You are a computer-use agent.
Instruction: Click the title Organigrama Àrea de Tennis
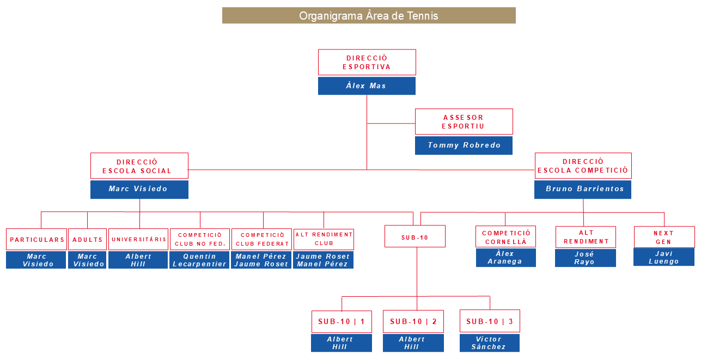[x=369, y=16]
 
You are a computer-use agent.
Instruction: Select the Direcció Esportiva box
[x=367, y=62]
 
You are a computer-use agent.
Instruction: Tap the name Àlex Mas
[x=367, y=86]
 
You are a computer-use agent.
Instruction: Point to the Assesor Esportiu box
[x=464, y=121]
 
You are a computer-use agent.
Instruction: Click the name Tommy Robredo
[x=464, y=145]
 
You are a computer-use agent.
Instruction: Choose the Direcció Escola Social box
[x=139, y=166]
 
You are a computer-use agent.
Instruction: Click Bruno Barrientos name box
[x=583, y=190]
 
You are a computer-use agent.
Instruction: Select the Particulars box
[x=36, y=240]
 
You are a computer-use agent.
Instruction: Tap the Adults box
[x=87, y=240]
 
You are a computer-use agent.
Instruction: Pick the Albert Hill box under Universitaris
[x=138, y=260]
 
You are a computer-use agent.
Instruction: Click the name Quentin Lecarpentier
[x=199, y=260]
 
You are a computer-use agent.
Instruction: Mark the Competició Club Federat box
[x=261, y=239]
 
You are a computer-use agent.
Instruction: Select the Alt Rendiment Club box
[x=324, y=239]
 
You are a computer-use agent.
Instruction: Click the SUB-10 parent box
[x=414, y=236]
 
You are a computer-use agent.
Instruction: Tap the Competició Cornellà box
[x=505, y=237]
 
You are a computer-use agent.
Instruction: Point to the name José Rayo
[x=585, y=258]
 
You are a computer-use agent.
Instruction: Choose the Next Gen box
[x=664, y=237]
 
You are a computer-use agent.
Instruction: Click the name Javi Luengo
[x=664, y=257]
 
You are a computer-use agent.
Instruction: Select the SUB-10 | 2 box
[x=413, y=321]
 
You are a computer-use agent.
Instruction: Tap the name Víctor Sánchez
[x=489, y=343]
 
